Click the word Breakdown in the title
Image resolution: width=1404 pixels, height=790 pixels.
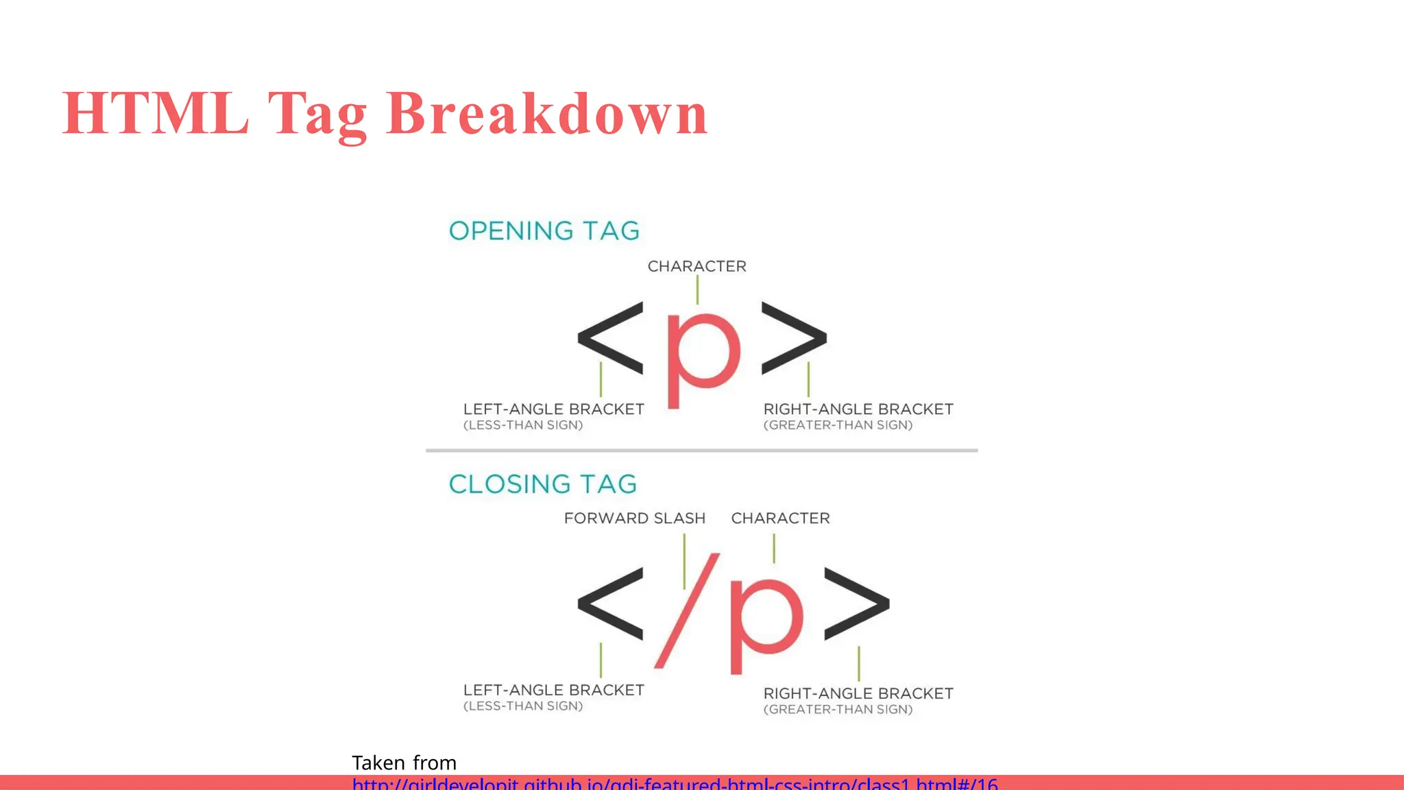point(547,114)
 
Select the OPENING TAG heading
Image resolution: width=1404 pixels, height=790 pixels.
point(544,231)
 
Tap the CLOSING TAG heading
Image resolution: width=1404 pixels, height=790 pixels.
point(543,484)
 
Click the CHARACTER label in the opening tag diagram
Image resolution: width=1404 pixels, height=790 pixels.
point(697,266)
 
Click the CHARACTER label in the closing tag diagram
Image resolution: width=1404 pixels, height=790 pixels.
point(780,518)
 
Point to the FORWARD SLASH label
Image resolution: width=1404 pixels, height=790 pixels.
point(635,518)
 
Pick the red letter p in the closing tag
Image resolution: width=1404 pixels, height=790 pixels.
point(764,617)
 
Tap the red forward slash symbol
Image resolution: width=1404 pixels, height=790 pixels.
point(687,610)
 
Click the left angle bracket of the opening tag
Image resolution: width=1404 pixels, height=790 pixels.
point(611,338)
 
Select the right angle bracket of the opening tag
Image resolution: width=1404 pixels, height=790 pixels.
point(794,338)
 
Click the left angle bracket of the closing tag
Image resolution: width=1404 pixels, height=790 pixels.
point(611,603)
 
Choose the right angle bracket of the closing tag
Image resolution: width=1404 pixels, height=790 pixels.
point(856,603)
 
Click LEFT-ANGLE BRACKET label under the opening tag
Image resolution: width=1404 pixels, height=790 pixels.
point(554,409)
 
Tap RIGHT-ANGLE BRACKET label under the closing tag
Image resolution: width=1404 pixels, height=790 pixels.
point(858,694)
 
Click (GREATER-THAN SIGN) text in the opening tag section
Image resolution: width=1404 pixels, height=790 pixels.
point(838,425)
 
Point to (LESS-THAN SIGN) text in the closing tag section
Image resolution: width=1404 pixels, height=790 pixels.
point(523,706)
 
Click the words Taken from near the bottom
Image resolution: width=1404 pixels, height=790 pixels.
point(404,763)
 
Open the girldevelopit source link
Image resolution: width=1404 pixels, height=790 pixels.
point(675,783)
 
